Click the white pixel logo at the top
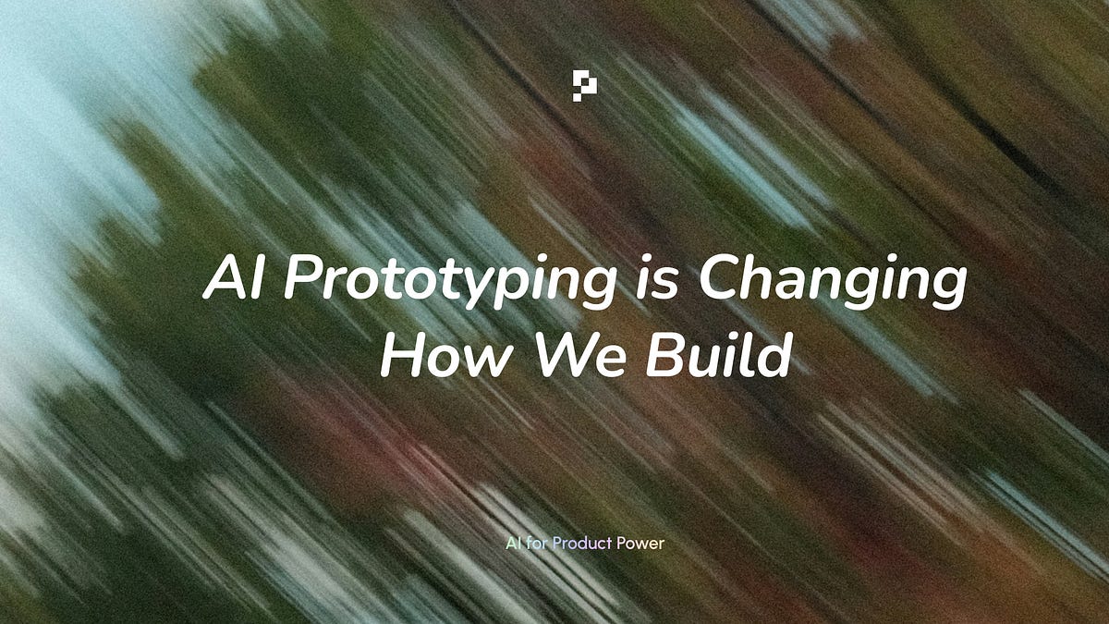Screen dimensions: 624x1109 click(x=584, y=85)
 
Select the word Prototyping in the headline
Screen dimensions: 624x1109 click(x=449, y=281)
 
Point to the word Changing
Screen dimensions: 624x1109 click(x=833, y=281)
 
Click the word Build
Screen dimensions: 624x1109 click(x=718, y=356)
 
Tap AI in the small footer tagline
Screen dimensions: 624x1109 click(x=513, y=543)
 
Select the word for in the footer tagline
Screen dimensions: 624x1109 click(x=537, y=543)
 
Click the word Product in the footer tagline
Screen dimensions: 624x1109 click(x=582, y=543)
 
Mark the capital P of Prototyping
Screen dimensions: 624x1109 click(x=300, y=278)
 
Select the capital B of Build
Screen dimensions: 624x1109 click(x=662, y=356)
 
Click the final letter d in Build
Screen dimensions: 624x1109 click(x=776, y=356)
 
